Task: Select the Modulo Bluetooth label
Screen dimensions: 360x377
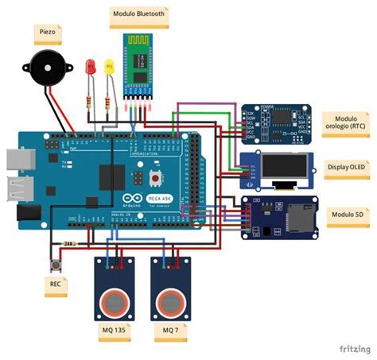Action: pos(138,14)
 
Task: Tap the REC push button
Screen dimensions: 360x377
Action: pos(56,263)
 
